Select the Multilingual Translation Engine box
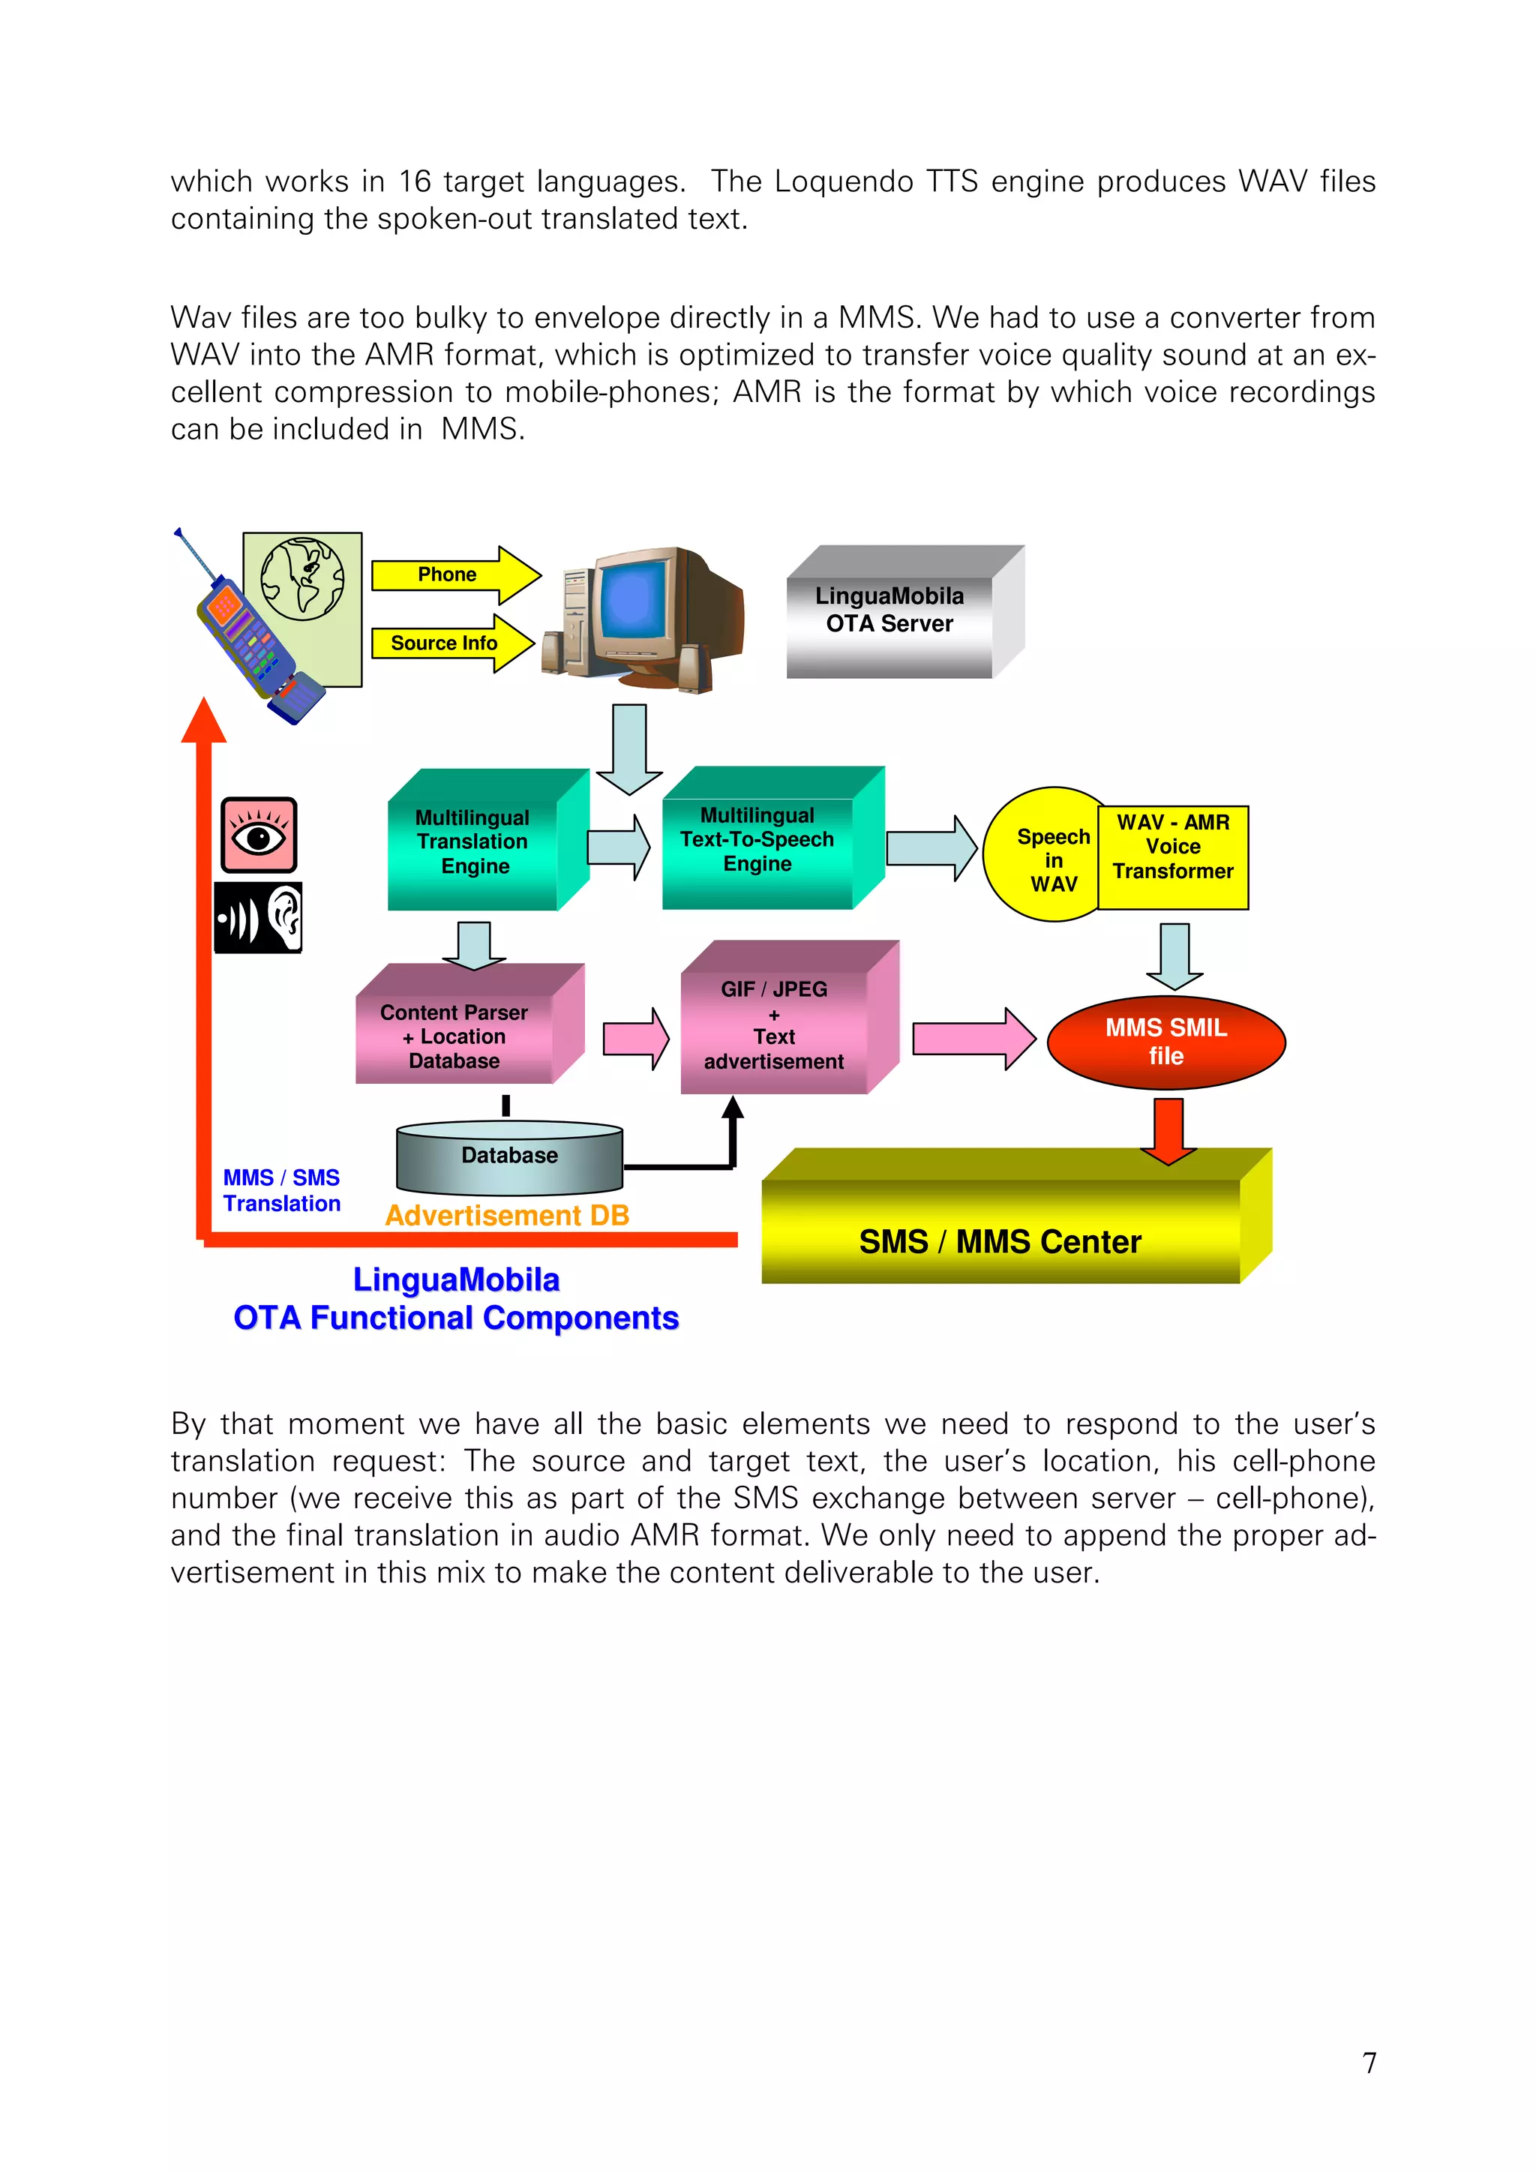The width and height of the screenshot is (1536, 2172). click(474, 842)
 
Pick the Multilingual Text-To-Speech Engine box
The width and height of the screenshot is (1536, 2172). click(758, 840)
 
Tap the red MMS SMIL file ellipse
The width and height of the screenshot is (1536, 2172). click(1166, 1042)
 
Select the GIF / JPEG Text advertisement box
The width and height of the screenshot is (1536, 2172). click(775, 1025)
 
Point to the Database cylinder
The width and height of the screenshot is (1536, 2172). click(510, 1158)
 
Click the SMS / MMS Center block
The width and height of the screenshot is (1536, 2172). click(1001, 1230)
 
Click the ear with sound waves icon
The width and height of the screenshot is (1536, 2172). click(258, 917)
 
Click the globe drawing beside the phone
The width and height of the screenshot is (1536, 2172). click(303, 579)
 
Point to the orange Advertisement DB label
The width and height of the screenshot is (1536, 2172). click(507, 1216)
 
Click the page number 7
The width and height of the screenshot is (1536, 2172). click(1369, 2062)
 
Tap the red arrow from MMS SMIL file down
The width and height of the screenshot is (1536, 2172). click(1169, 1130)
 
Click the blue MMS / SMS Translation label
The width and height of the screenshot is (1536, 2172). click(282, 1191)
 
